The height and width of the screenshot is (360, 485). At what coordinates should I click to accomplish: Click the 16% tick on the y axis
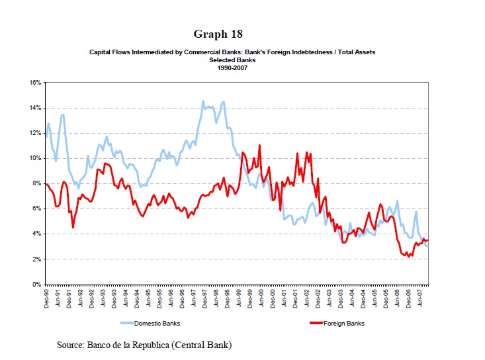click(36, 83)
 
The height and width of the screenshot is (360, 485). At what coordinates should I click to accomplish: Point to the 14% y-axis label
click(36, 108)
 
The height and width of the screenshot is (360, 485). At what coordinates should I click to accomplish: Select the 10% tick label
click(36, 158)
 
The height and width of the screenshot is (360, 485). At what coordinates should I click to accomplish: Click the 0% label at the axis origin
click(37, 284)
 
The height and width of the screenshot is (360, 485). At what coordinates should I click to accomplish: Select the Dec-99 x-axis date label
click(249, 298)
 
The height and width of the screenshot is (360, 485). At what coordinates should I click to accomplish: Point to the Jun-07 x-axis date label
click(418, 298)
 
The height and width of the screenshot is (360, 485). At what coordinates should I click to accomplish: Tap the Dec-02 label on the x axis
click(317, 298)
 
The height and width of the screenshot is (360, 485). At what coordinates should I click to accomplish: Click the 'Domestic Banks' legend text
click(157, 324)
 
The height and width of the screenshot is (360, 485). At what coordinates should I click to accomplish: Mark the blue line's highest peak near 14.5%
click(203, 101)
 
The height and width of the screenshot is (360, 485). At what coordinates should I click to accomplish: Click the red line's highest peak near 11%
click(260, 146)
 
